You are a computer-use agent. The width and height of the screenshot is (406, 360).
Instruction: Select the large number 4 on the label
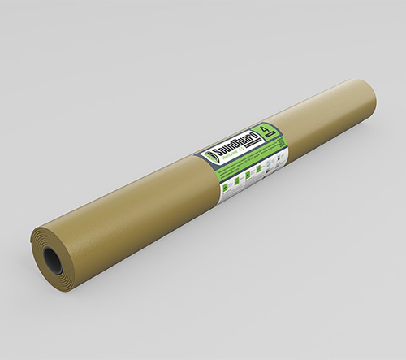(x=263, y=128)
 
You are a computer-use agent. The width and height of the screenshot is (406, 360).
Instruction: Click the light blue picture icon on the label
(x=270, y=162)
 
